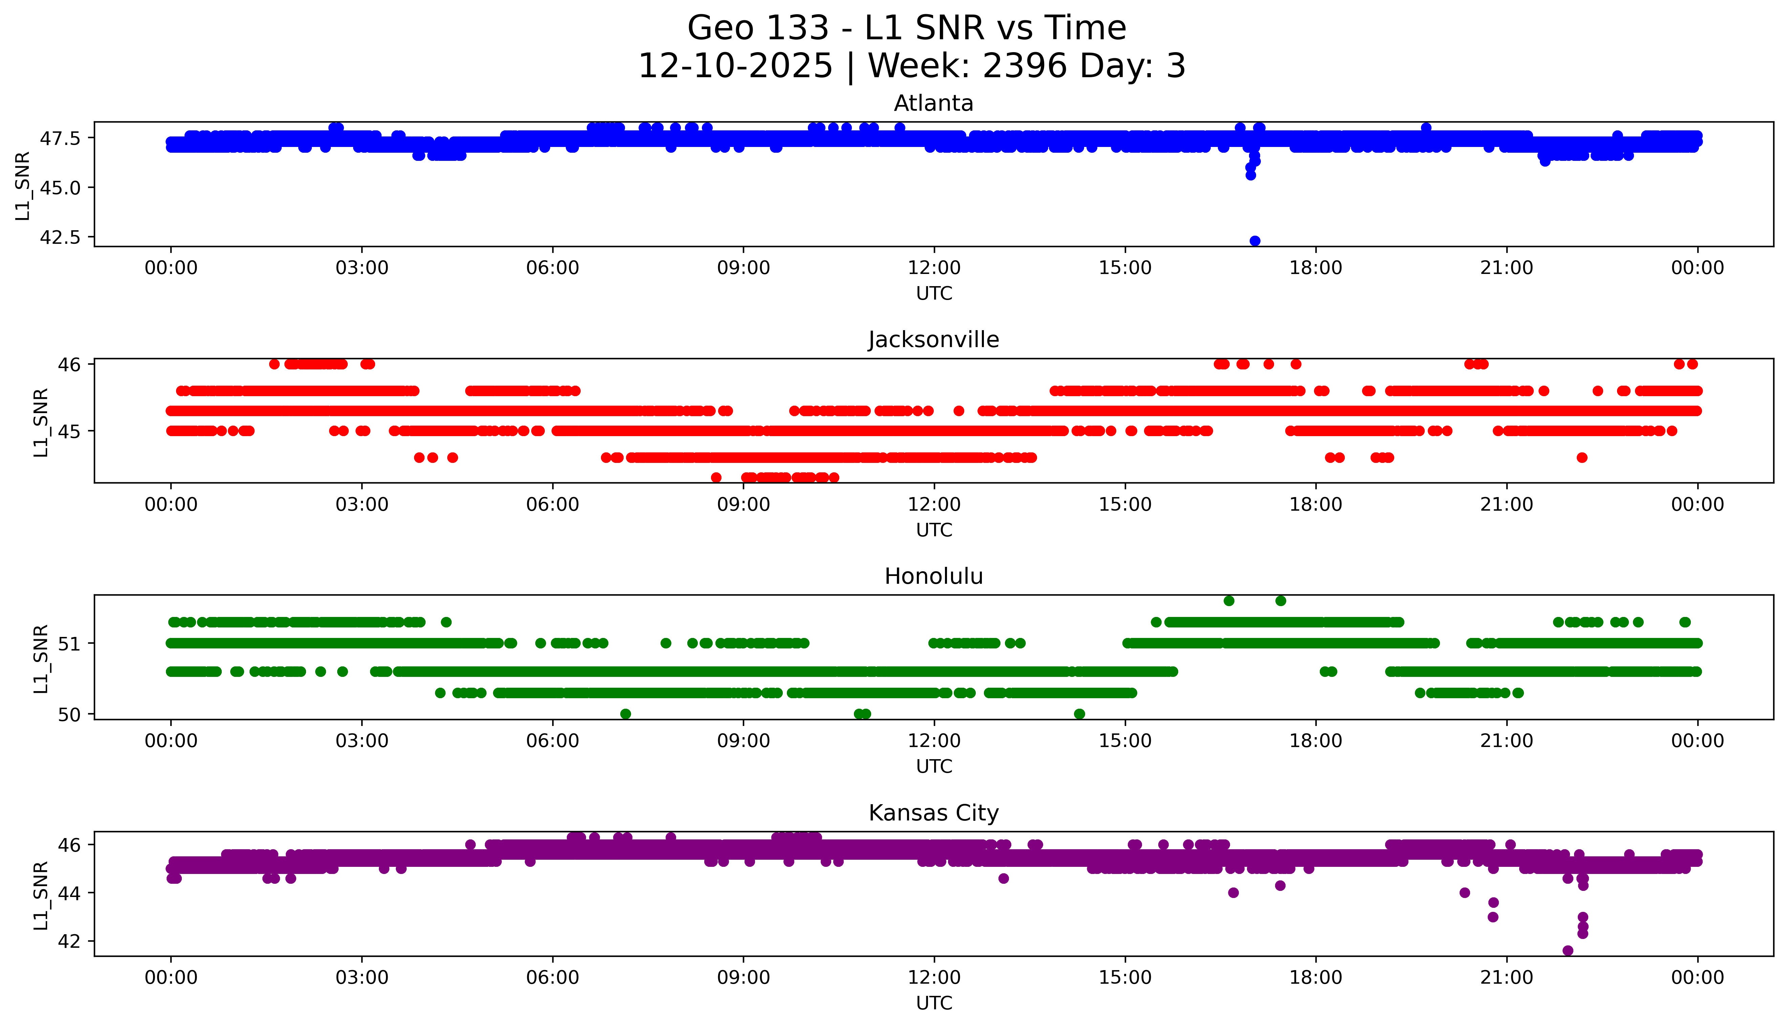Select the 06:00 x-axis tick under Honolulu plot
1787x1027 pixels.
tap(552, 741)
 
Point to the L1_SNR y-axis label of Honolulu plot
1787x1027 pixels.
tap(41, 658)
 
